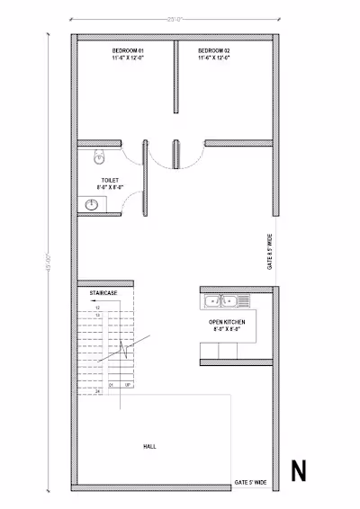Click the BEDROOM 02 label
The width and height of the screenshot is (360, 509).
click(x=214, y=50)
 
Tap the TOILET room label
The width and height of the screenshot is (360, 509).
click(x=110, y=180)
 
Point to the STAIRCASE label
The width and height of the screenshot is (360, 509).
click(x=102, y=294)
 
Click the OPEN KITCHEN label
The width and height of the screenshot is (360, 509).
click(x=227, y=321)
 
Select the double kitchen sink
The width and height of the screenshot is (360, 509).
click(x=220, y=300)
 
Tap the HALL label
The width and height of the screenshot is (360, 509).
click(x=149, y=446)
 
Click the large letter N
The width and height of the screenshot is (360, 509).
click(x=298, y=470)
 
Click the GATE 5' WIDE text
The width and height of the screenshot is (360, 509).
click(x=251, y=483)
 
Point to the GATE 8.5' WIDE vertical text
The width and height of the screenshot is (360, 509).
click(x=269, y=253)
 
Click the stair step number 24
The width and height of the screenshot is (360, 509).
click(x=96, y=393)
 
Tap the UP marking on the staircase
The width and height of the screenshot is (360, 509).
click(x=128, y=385)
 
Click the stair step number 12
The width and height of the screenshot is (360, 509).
click(x=97, y=308)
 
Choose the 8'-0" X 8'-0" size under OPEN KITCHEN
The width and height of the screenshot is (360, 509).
click(x=227, y=329)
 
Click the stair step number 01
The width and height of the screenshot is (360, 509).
click(x=113, y=385)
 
